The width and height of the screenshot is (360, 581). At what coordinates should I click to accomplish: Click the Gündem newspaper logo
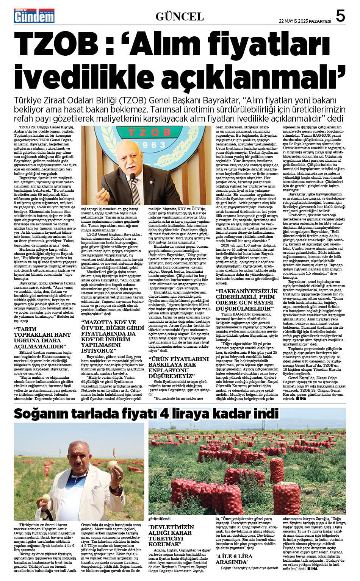(x=34, y=16)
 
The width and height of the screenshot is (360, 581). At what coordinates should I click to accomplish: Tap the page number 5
(x=340, y=16)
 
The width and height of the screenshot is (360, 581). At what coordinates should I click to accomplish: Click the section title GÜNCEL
(x=180, y=17)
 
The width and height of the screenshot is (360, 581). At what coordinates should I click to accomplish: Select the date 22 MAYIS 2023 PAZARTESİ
(x=305, y=21)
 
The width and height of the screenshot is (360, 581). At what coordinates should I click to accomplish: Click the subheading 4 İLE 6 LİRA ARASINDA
(x=234, y=559)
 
